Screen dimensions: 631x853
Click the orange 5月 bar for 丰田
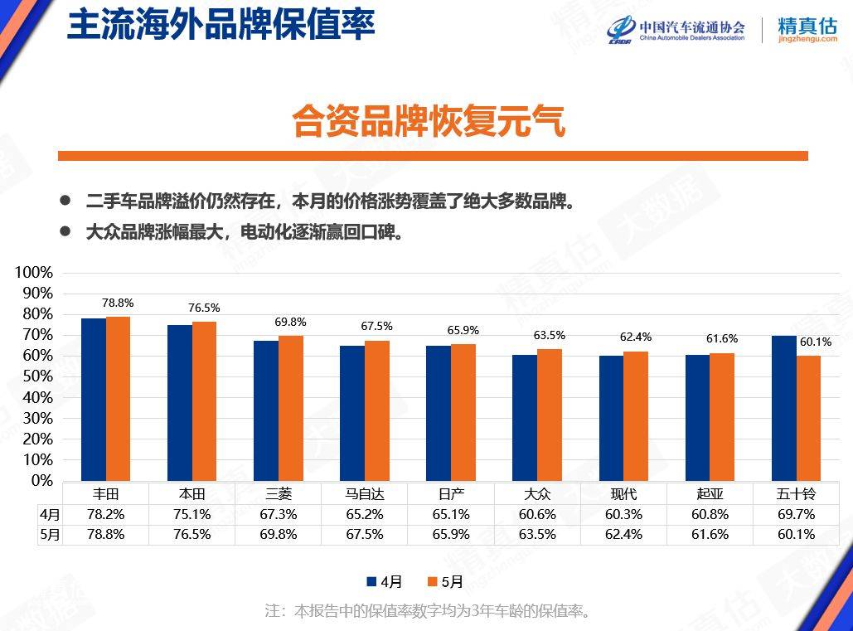pos(119,398)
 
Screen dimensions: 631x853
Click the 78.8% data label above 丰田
pos(119,303)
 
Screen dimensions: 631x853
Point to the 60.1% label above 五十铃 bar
pos(815,342)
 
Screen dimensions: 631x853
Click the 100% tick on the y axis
pos(34,273)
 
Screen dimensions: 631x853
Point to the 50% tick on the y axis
pos(37,376)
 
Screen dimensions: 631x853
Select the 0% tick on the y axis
pos(41,480)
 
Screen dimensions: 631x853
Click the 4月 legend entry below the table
pos(384,581)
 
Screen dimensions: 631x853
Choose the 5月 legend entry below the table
pos(444,581)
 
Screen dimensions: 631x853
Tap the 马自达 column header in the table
pos(365,493)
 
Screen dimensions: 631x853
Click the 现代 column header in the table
pos(623,493)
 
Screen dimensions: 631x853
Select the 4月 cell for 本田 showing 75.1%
pos(192,514)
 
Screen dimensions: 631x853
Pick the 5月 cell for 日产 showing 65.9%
pos(451,535)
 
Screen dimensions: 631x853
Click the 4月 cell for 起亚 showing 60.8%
pos(710,514)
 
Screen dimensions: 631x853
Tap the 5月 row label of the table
pos(50,535)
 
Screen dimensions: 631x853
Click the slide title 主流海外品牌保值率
pos(221,24)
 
